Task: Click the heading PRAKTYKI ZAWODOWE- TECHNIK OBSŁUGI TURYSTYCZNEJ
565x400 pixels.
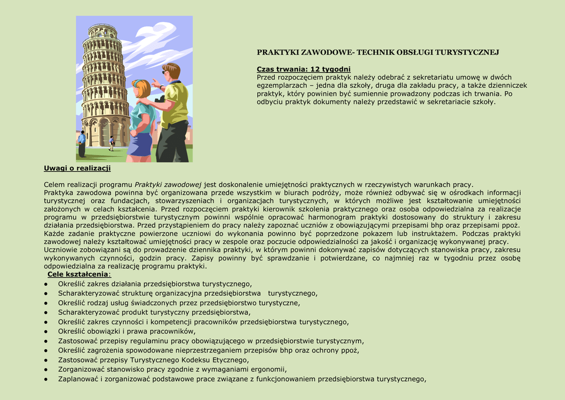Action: click(378, 52)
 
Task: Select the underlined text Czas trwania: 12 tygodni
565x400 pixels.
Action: click(303, 69)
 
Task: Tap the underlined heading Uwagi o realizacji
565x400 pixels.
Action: click(77, 168)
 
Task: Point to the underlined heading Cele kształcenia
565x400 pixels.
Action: click(78, 274)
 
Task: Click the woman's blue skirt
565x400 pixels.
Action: click(140, 145)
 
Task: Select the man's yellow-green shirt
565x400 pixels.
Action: click(175, 104)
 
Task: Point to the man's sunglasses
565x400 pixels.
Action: click(165, 72)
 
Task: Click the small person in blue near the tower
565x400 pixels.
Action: click(82, 142)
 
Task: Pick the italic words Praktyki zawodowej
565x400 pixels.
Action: click(168, 184)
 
